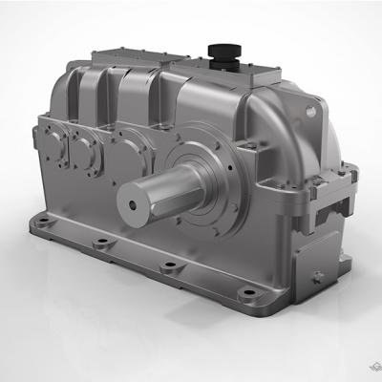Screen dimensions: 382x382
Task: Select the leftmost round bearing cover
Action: (51, 139)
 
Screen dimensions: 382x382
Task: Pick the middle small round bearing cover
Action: (85, 148)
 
